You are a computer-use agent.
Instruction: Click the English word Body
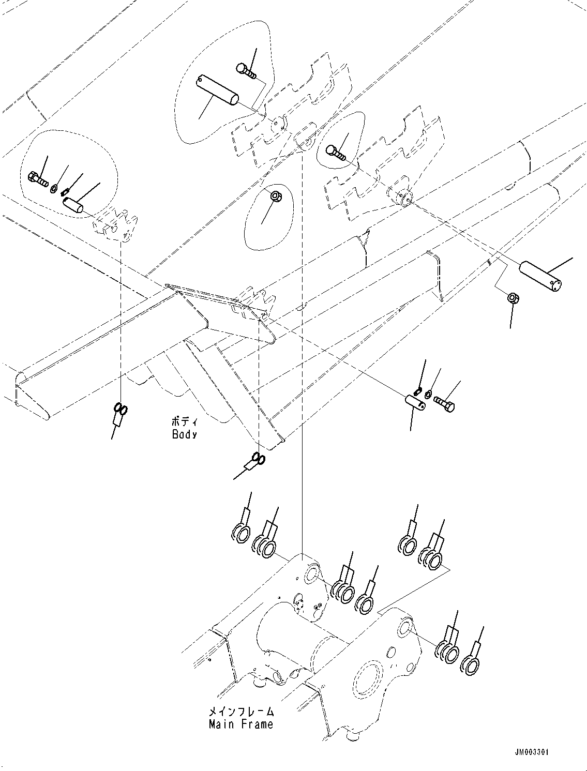(184, 435)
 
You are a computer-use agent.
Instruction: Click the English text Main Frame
(240, 724)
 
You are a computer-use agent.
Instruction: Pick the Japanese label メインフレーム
(240, 713)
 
